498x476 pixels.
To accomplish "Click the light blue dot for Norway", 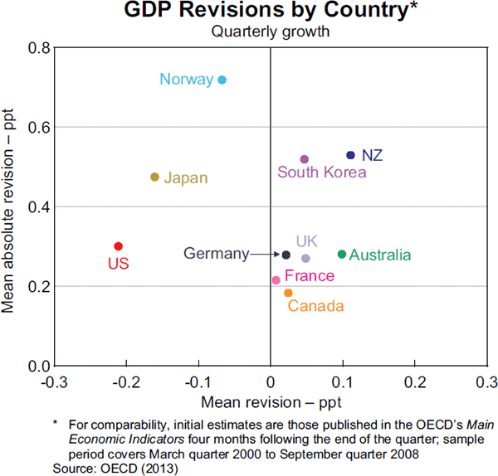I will [222, 80].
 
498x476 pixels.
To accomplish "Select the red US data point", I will [118, 246].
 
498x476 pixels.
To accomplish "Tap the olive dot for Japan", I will [154, 177].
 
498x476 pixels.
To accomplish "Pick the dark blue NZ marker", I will [350, 155].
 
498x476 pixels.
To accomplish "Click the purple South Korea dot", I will [304, 158].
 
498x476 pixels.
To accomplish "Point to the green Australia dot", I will [342, 255].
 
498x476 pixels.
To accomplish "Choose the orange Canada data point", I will [288, 293].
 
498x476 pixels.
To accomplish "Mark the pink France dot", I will [276, 280].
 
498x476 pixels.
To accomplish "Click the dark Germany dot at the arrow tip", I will [286, 255].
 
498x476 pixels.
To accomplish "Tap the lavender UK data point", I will [305, 258].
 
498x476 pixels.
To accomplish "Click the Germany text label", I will [216, 255].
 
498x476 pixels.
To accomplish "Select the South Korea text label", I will [321, 173].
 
